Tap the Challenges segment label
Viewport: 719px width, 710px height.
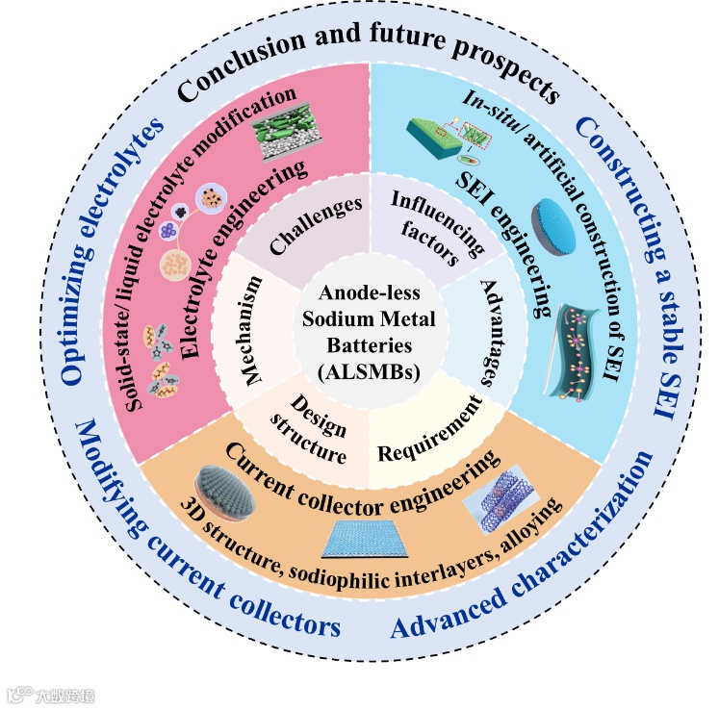click(302, 227)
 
